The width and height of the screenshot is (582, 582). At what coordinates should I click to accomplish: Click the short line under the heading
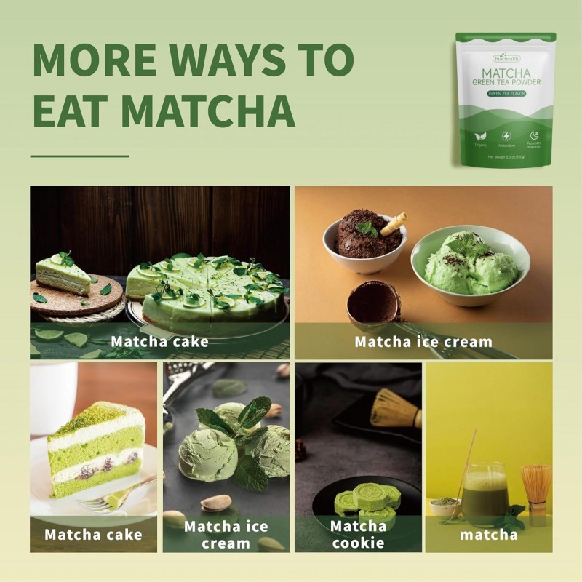pyautogui.click(x=79, y=156)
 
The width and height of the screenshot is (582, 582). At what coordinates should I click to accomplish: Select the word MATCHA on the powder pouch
pyautogui.click(x=506, y=72)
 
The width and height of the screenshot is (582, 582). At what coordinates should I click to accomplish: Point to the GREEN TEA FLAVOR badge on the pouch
pyautogui.click(x=506, y=94)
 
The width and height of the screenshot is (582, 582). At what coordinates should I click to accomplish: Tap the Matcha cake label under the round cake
pyautogui.click(x=159, y=341)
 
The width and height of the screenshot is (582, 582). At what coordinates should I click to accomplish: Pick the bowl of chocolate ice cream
pyautogui.click(x=364, y=240)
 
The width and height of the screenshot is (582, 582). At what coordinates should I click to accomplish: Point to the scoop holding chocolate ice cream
pyautogui.click(x=374, y=301)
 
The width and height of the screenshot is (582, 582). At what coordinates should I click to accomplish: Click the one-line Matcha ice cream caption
pyautogui.click(x=423, y=341)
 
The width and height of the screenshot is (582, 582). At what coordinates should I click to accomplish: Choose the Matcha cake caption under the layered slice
pyautogui.click(x=93, y=535)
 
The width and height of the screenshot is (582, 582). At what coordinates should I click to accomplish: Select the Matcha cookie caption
pyautogui.click(x=358, y=534)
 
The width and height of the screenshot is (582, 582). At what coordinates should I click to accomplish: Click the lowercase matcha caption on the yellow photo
pyautogui.click(x=488, y=535)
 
